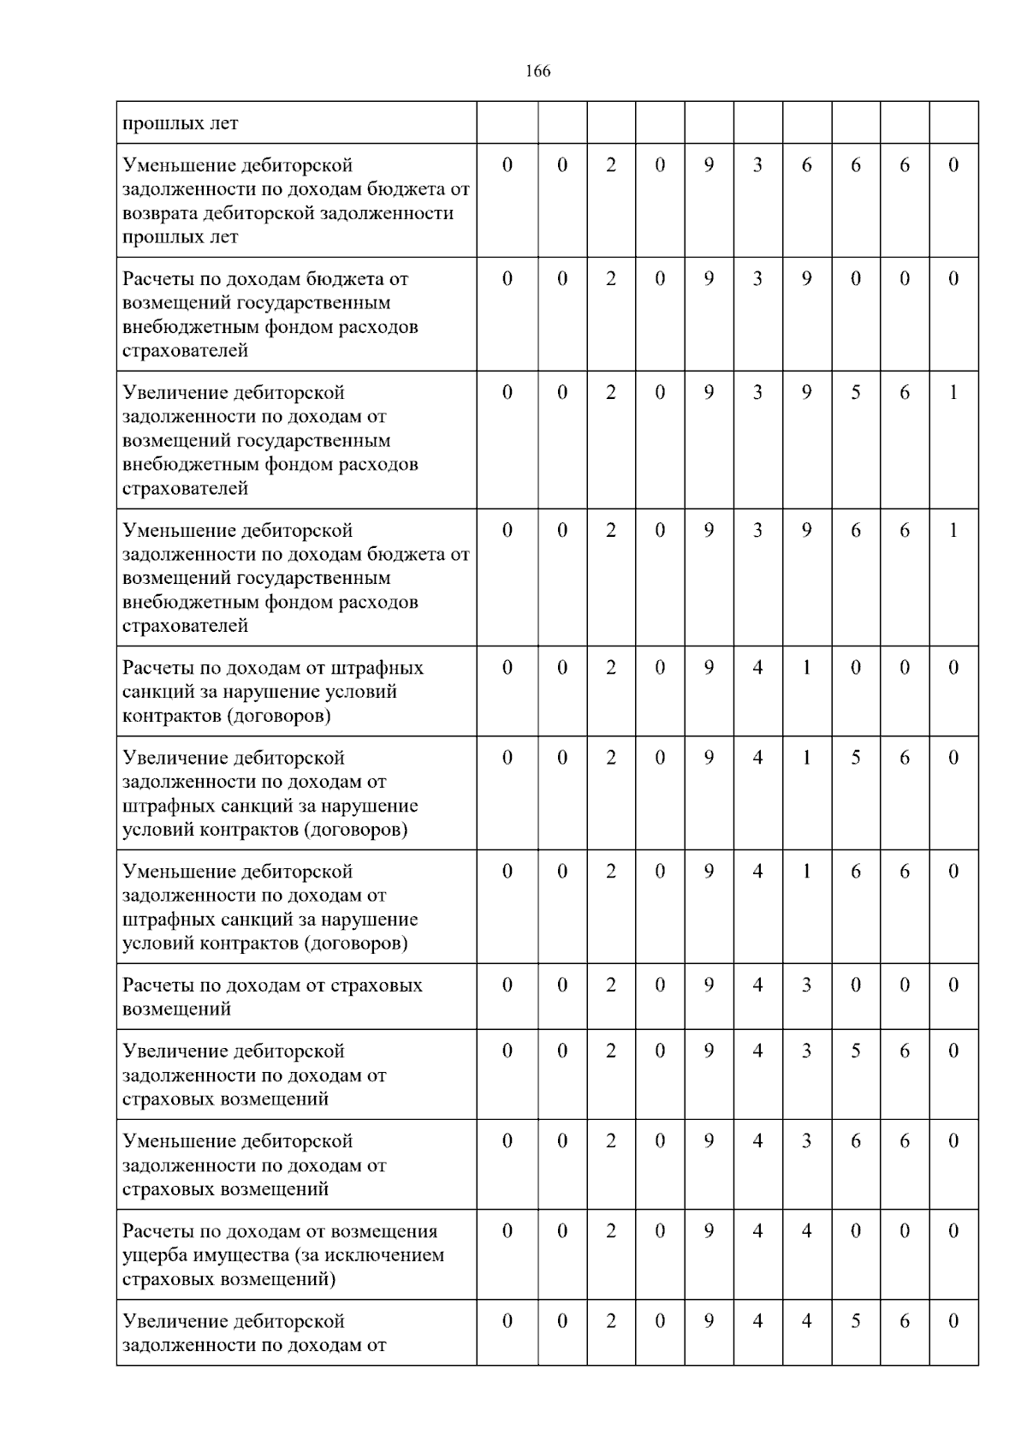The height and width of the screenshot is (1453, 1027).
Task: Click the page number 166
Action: click(x=537, y=71)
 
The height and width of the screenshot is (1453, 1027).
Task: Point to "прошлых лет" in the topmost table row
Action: click(x=181, y=123)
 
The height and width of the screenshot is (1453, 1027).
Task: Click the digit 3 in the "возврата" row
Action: click(x=757, y=165)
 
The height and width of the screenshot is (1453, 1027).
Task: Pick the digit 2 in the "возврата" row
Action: click(x=611, y=165)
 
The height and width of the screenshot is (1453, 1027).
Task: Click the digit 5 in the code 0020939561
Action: click(x=856, y=393)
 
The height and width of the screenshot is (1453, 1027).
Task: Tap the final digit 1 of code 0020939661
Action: click(x=953, y=531)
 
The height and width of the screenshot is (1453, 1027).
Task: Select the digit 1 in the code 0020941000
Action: click(x=807, y=668)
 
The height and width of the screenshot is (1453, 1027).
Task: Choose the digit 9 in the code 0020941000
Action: click(x=709, y=668)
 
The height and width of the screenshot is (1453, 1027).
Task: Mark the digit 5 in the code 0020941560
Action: click(x=856, y=758)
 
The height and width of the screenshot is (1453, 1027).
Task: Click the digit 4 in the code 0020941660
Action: click(x=757, y=872)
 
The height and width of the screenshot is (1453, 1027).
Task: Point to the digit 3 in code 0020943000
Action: click(x=807, y=986)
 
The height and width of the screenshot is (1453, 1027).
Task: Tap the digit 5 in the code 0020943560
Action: click(x=856, y=1051)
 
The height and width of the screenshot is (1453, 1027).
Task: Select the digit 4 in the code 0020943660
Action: click(x=757, y=1141)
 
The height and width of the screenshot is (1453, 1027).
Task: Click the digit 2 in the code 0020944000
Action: click(x=611, y=1231)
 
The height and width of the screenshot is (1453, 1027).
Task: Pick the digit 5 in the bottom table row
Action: click(x=856, y=1321)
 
